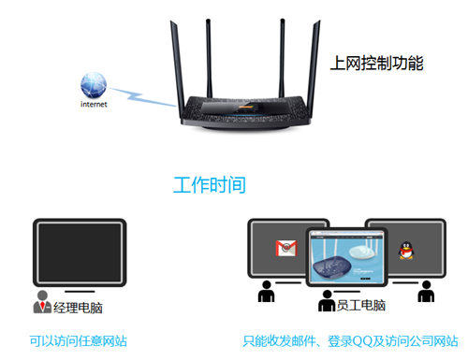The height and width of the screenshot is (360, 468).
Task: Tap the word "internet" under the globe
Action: (x=94, y=105)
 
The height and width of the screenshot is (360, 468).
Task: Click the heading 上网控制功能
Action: (x=377, y=64)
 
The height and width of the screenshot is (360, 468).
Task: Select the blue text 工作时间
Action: (x=210, y=184)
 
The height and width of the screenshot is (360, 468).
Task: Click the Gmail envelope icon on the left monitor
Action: (x=285, y=249)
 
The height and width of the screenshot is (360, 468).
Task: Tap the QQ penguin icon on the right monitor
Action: (x=406, y=250)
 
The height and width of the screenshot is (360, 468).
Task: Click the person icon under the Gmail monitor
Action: (x=266, y=293)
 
